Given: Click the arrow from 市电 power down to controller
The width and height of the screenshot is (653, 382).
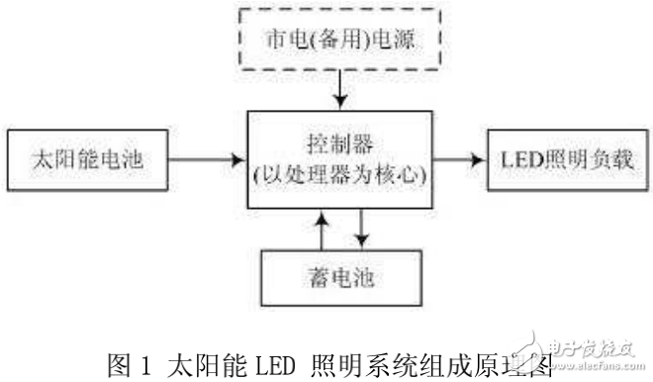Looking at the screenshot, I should (x=338, y=90).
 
